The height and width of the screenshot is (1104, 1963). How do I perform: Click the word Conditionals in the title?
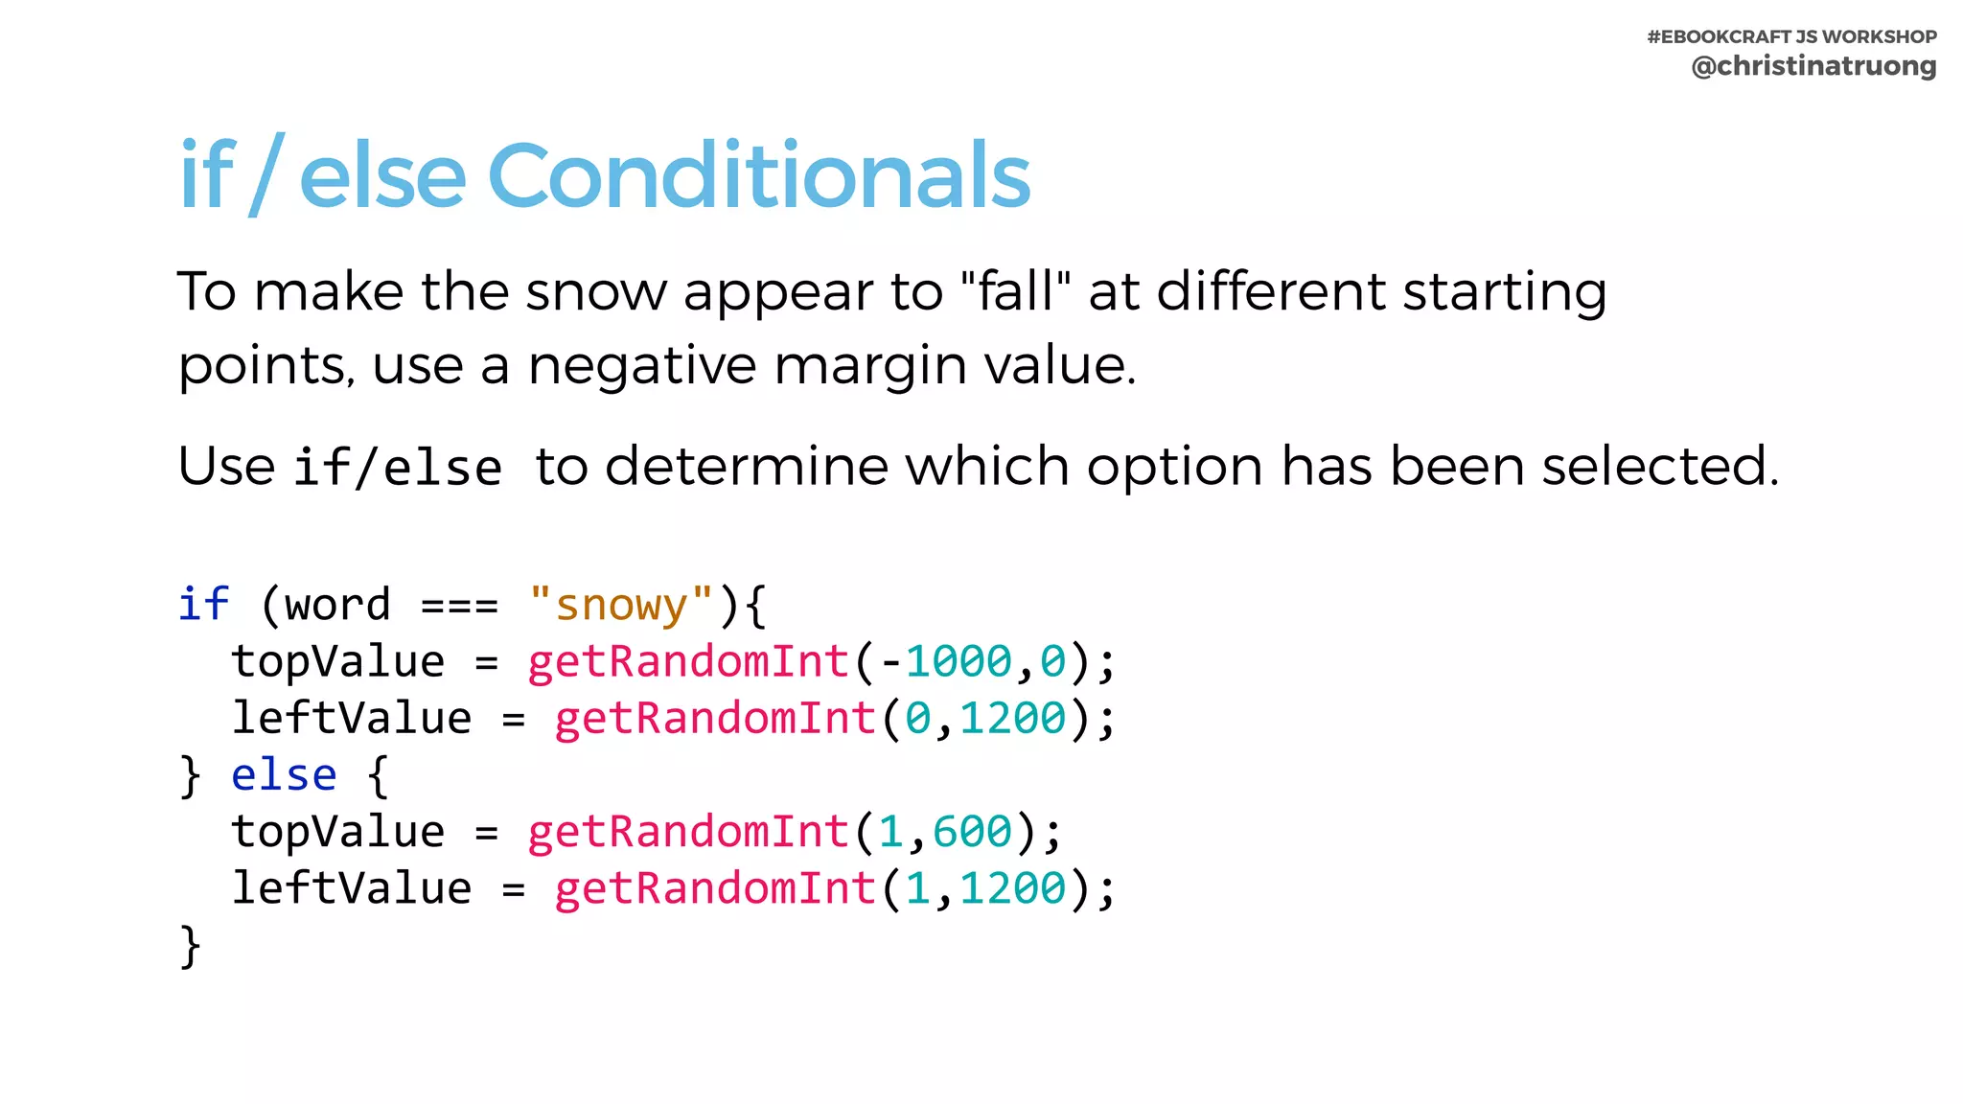[758, 175]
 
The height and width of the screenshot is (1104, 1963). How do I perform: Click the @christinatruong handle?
[1813, 66]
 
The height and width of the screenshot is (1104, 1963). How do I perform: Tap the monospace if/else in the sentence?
[398, 469]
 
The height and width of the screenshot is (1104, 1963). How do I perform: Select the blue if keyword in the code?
[203, 605]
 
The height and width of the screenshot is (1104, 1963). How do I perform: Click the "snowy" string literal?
[621, 605]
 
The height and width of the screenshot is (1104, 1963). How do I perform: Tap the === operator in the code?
[459, 605]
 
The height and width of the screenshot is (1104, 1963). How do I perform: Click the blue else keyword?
[284, 775]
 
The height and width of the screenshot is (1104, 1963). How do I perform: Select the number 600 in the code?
[972, 832]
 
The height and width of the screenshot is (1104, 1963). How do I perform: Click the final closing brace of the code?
[190, 946]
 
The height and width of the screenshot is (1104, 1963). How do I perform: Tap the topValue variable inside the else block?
[337, 832]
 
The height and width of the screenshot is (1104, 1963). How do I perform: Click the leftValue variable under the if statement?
[352, 719]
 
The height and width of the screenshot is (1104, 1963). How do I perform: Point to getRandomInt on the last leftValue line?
[715, 888]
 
